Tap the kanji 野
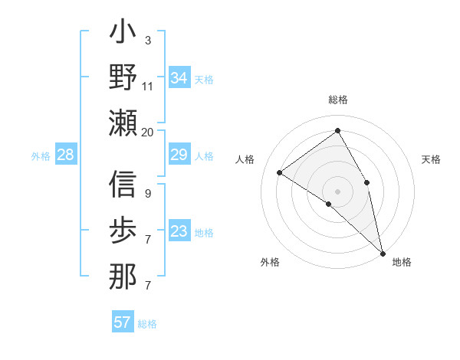click(x=123, y=77)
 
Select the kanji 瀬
click(x=123, y=122)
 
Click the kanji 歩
click(x=123, y=231)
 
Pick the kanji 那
click(x=123, y=275)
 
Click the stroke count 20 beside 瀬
click(x=147, y=133)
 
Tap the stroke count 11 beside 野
click(x=148, y=86)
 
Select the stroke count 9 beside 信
click(x=147, y=194)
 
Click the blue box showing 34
click(x=179, y=78)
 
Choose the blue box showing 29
click(x=179, y=155)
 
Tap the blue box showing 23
click(x=179, y=232)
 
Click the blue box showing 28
click(x=66, y=155)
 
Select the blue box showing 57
click(x=123, y=322)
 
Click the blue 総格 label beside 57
click(x=147, y=324)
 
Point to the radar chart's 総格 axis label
click(x=337, y=100)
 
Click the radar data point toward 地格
click(x=382, y=252)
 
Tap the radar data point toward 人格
click(x=279, y=172)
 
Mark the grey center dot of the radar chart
click(x=337, y=190)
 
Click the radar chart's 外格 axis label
click(x=269, y=263)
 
